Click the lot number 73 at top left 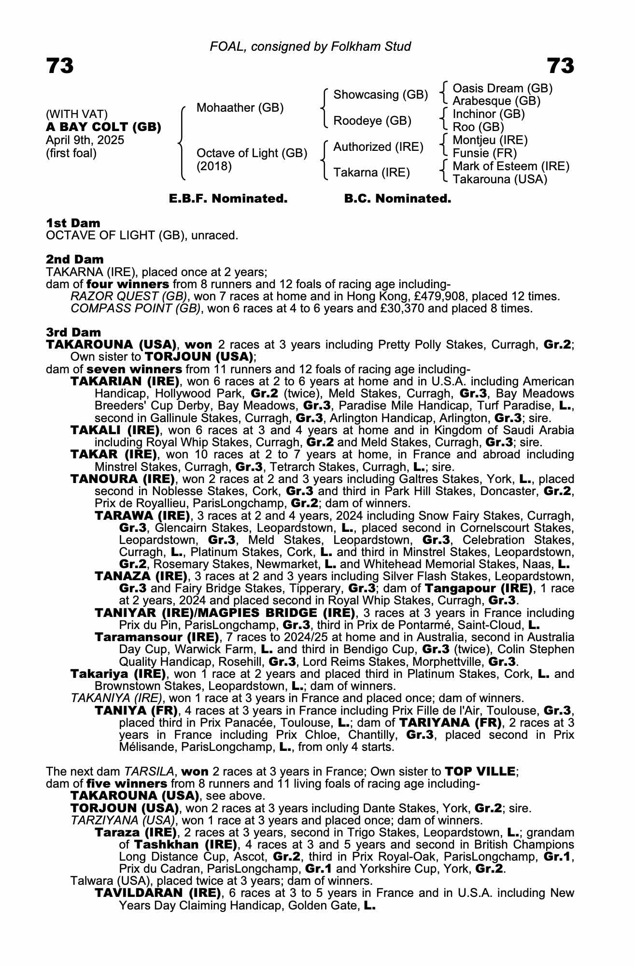point(60,66)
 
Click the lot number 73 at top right point(560,66)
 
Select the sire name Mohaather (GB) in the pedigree point(240,107)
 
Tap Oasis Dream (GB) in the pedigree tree point(502,88)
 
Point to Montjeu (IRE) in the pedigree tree point(490,140)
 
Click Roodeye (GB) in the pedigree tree point(372,120)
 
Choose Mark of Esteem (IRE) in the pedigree point(511,166)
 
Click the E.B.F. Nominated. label point(228,199)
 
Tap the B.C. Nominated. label point(397,199)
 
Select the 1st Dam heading point(73,223)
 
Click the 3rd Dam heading point(73,332)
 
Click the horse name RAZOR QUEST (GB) point(128,296)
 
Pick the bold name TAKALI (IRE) point(115,430)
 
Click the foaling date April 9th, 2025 point(85,140)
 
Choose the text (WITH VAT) point(77,114)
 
